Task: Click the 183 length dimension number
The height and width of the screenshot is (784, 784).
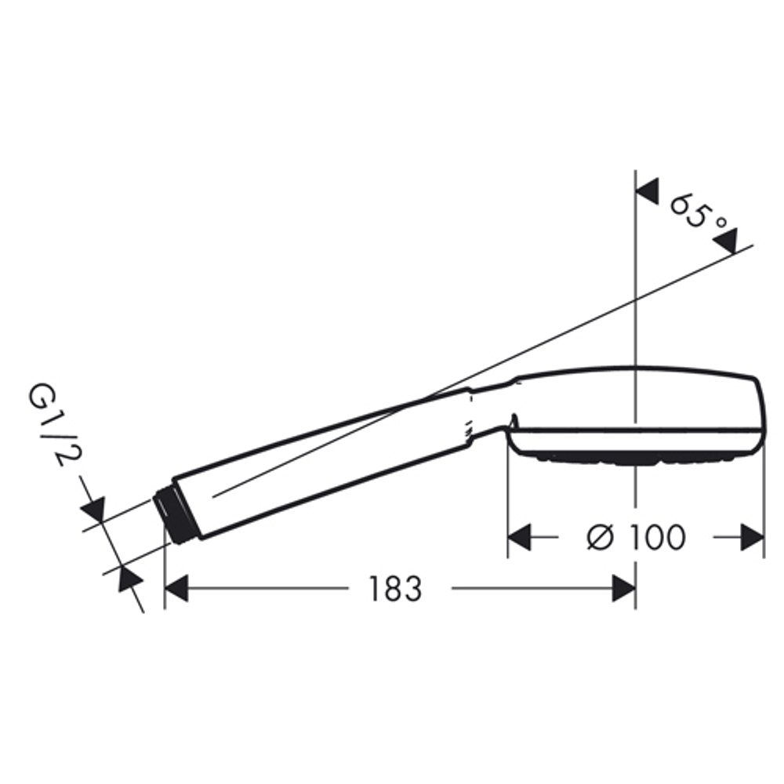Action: click(396, 589)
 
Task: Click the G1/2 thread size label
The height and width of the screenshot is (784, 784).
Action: click(49, 424)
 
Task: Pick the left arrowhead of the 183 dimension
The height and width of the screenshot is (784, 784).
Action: click(176, 589)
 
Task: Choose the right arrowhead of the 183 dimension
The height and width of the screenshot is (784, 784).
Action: click(623, 589)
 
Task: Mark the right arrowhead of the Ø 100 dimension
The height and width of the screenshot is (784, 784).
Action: click(752, 538)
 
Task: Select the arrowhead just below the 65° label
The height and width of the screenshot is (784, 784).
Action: click(725, 241)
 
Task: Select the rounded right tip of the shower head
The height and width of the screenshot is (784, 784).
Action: click(757, 412)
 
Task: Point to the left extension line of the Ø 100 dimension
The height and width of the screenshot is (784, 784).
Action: click(508, 502)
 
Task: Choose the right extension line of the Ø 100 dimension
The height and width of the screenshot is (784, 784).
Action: click(764, 502)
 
